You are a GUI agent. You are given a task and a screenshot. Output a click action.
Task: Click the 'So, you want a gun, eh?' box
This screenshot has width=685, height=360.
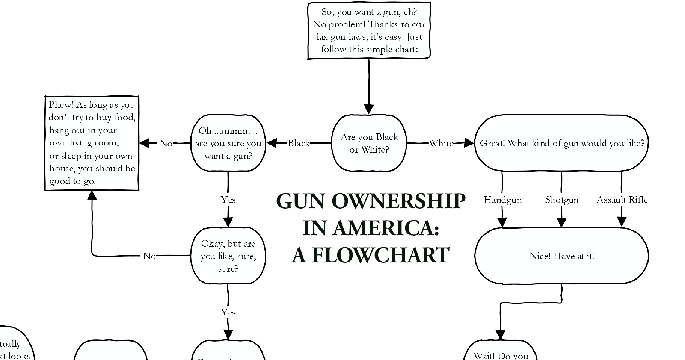click(x=369, y=30)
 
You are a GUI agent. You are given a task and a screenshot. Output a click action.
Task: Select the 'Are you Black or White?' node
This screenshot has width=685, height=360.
click(x=369, y=143)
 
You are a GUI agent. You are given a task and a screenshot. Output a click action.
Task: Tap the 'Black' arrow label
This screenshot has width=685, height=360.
click(x=299, y=143)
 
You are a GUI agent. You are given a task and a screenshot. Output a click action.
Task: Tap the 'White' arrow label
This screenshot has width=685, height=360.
click(x=441, y=143)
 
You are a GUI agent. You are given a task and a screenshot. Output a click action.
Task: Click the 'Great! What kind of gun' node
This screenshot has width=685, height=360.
click(x=561, y=143)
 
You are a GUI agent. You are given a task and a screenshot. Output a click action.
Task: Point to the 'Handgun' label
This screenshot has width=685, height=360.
click(x=502, y=200)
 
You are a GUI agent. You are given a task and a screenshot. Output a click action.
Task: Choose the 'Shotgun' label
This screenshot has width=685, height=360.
click(x=561, y=200)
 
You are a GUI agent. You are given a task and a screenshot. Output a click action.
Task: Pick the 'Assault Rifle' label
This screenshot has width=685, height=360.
click(x=622, y=200)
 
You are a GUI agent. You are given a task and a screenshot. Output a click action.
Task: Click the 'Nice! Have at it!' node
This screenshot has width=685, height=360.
click(x=561, y=256)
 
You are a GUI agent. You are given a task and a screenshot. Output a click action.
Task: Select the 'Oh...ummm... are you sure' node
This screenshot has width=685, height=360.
click(x=228, y=143)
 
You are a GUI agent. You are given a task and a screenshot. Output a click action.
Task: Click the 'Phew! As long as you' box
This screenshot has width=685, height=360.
click(x=92, y=143)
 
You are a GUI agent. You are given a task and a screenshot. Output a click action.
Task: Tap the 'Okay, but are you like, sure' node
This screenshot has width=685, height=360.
click(x=228, y=256)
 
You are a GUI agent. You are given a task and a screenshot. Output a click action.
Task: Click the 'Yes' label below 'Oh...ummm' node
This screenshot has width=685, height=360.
click(x=228, y=200)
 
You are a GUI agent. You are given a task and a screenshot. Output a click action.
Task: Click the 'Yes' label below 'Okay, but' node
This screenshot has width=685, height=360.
click(x=228, y=312)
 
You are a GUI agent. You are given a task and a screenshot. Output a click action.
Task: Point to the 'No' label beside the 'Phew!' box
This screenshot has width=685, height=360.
click(x=166, y=143)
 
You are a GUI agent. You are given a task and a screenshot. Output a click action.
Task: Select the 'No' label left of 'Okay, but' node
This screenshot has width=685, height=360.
click(x=149, y=256)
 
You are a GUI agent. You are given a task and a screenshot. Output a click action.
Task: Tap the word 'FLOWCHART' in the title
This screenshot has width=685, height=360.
click(x=380, y=255)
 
